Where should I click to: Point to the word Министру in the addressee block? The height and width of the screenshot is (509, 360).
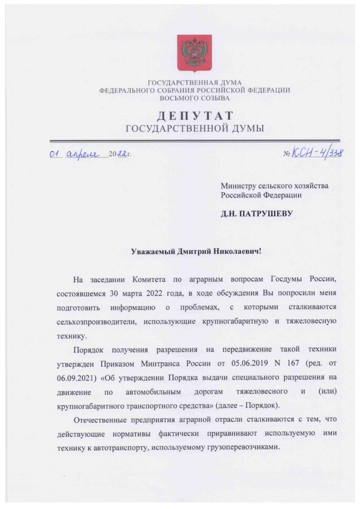pyautogui.click(x=238, y=185)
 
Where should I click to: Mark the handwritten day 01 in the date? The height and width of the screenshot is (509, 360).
pyautogui.click(x=55, y=155)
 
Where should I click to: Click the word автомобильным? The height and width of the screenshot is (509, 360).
pyautogui.click(x=153, y=392)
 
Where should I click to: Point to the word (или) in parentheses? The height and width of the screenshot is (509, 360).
pyautogui.click(x=327, y=391)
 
